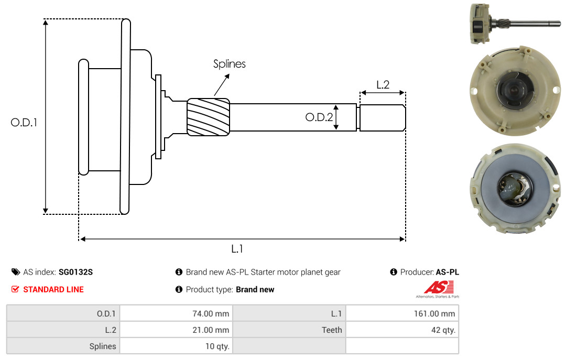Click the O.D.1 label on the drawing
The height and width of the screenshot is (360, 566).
pyautogui.click(x=24, y=123)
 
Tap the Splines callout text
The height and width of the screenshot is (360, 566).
pyautogui.click(x=229, y=64)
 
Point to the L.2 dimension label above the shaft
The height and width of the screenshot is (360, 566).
pyautogui.click(x=383, y=85)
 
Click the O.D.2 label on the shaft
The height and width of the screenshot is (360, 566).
pyautogui.click(x=319, y=117)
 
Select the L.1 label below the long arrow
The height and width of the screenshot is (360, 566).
pyautogui.click(x=237, y=249)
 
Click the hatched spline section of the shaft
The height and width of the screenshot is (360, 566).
pyautogui.click(x=208, y=117)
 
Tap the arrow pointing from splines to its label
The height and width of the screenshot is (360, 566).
pyautogui.click(x=222, y=85)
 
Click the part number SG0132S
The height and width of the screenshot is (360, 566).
pyautogui.click(x=76, y=272)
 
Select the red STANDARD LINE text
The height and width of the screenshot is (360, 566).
pyautogui.click(x=53, y=290)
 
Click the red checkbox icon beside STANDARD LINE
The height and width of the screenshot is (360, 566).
pyautogui.click(x=15, y=289)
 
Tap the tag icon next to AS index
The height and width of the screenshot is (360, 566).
pyautogui.click(x=16, y=272)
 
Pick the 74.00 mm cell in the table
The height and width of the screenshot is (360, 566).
pyautogui.click(x=176, y=313)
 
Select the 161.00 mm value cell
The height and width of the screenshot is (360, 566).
pyautogui.click(x=402, y=313)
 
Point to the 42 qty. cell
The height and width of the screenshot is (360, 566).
pyautogui.click(x=402, y=330)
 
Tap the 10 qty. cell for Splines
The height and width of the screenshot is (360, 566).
pyautogui.click(x=176, y=346)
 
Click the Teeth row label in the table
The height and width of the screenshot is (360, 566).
pyautogui.click(x=332, y=330)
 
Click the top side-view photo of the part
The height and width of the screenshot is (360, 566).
pyautogui.click(x=515, y=24)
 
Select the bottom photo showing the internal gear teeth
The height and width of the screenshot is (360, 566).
pyautogui.click(x=516, y=189)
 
